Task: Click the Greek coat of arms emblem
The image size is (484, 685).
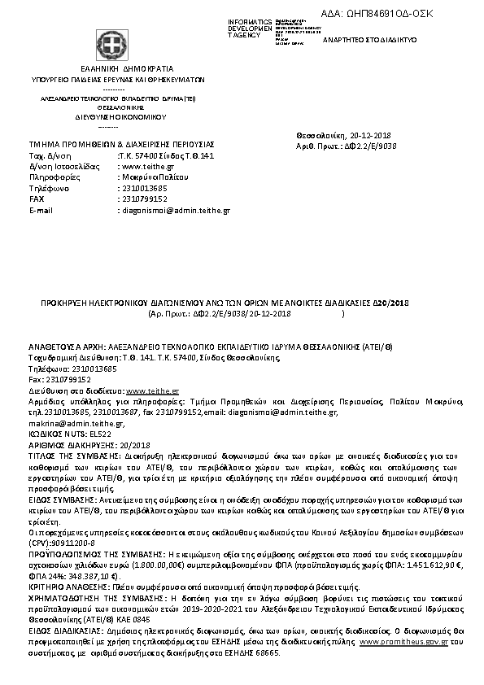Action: click(x=107, y=43)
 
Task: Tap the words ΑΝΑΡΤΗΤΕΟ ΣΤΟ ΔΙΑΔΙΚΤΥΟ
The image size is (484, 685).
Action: click(x=371, y=39)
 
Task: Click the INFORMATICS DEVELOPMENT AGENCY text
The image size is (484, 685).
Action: click(x=251, y=28)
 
